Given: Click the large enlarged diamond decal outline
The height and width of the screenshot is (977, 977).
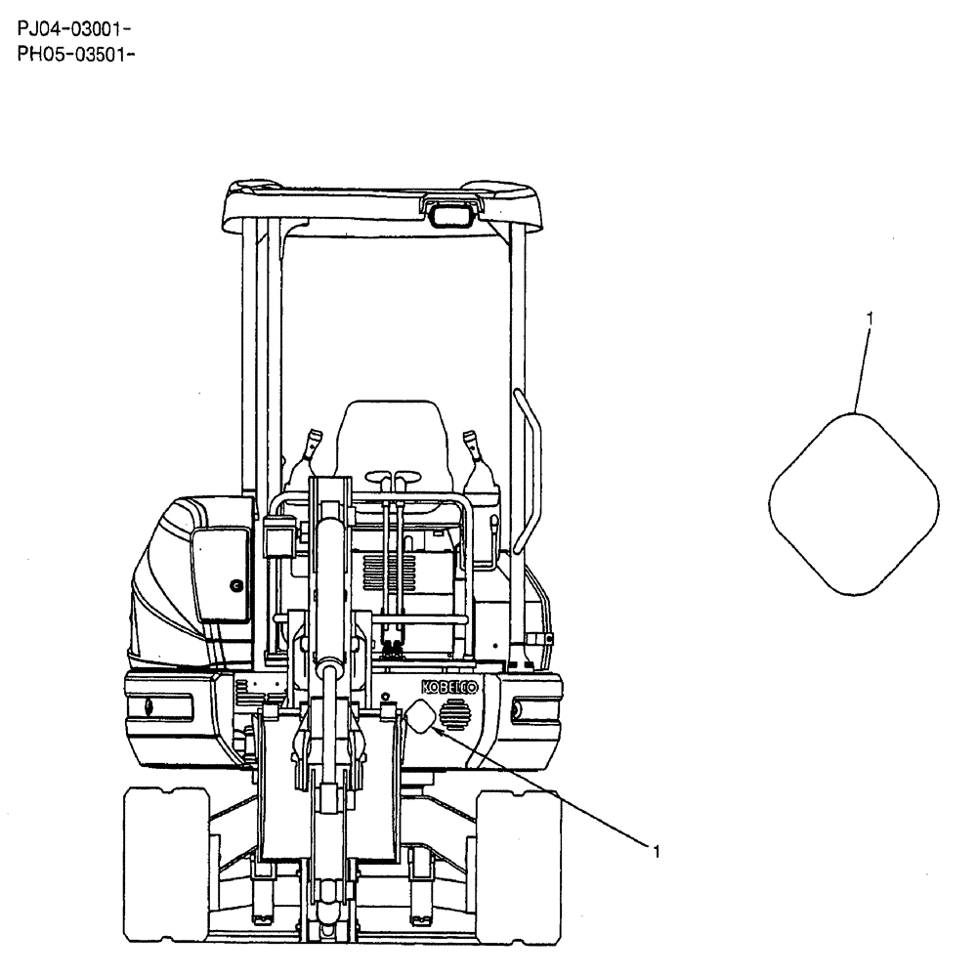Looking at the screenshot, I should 854,502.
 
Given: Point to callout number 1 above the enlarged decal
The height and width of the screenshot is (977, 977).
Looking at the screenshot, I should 870,319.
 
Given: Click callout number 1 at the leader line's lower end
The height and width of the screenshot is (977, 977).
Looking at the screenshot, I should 657,851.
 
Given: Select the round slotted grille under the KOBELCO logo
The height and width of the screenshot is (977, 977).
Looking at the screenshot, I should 454,717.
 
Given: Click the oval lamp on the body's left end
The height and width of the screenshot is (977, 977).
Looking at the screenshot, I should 148,705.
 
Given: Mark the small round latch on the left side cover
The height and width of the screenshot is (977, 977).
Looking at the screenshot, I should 235,585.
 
